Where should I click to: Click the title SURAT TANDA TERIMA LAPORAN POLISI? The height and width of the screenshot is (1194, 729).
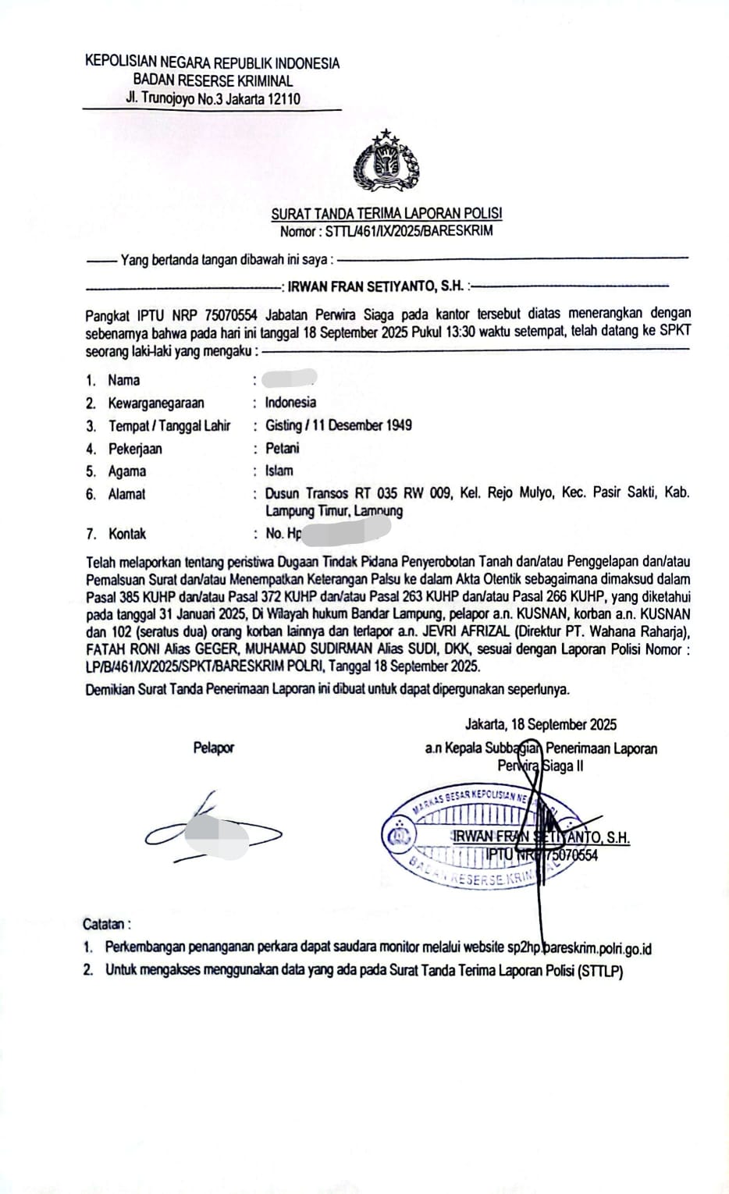[x=386, y=213]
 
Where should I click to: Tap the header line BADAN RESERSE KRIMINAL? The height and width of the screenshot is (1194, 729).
[x=212, y=80]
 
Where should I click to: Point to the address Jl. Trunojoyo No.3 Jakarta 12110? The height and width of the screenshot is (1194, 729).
[x=212, y=99]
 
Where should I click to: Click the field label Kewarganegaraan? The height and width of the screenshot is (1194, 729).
[x=156, y=403]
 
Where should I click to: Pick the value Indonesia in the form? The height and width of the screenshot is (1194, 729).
[x=290, y=403]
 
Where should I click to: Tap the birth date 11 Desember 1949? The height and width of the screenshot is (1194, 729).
[x=364, y=425]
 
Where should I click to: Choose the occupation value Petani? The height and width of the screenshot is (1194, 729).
[x=282, y=449]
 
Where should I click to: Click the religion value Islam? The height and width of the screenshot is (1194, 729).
[x=279, y=471]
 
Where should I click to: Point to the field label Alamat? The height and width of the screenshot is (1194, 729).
[x=126, y=494]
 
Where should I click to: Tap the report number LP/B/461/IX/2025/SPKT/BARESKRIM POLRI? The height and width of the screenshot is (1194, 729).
[x=222, y=666]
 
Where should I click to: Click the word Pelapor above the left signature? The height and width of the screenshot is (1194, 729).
[x=213, y=748]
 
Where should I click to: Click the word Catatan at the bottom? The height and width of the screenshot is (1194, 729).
[x=105, y=925]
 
